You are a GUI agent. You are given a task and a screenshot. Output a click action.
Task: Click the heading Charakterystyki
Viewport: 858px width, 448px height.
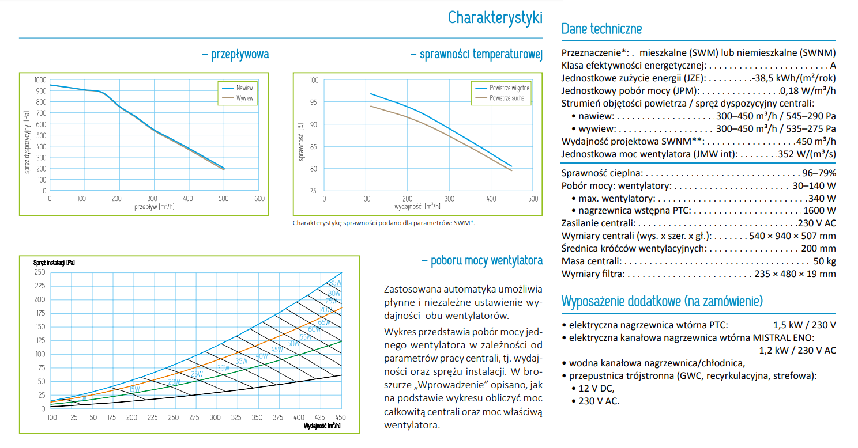pyautogui.click(x=495, y=18)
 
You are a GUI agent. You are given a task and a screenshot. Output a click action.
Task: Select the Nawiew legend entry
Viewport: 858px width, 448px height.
pyautogui.click(x=238, y=88)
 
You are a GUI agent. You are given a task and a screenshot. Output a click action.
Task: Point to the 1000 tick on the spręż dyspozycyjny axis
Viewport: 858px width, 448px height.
pyautogui.click(x=40, y=80)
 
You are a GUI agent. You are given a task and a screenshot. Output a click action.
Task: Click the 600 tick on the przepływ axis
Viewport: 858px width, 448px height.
pyautogui.click(x=259, y=199)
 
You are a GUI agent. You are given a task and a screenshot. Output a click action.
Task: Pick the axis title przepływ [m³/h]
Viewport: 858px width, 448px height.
pyautogui.click(x=155, y=207)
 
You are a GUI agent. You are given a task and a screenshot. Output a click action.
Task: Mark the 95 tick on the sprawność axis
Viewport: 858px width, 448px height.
pyautogui.click(x=314, y=102)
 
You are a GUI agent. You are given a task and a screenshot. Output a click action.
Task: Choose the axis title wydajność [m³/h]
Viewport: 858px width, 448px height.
pyautogui.click(x=417, y=207)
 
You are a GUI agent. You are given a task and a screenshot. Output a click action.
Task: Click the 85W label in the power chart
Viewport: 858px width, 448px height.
pyautogui.click(x=336, y=283)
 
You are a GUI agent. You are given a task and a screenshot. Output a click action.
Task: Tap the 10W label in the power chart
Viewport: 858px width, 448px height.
pyautogui.click(x=81, y=398)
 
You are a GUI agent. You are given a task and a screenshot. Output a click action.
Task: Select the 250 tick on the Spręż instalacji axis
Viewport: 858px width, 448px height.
pyautogui.click(x=40, y=272)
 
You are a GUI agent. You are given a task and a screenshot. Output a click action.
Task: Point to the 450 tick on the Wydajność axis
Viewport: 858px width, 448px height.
pyautogui.click(x=340, y=417)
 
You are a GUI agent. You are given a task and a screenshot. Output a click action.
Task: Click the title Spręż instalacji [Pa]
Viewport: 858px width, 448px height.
pyautogui.click(x=54, y=263)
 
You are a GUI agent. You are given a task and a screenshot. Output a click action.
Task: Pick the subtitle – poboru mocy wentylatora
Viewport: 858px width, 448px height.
pyautogui.click(x=482, y=260)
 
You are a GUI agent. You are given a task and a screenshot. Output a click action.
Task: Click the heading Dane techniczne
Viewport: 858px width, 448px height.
pyautogui.click(x=601, y=29)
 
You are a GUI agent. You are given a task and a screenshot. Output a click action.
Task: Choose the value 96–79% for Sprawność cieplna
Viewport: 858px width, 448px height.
pyautogui.click(x=819, y=173)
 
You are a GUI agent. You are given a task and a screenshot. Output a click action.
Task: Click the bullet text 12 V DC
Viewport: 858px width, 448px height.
pyautogui.click(x=596, y=388)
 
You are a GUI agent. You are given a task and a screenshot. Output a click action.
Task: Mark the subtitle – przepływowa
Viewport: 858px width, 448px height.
pyautogui.click(x=236, y=54)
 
